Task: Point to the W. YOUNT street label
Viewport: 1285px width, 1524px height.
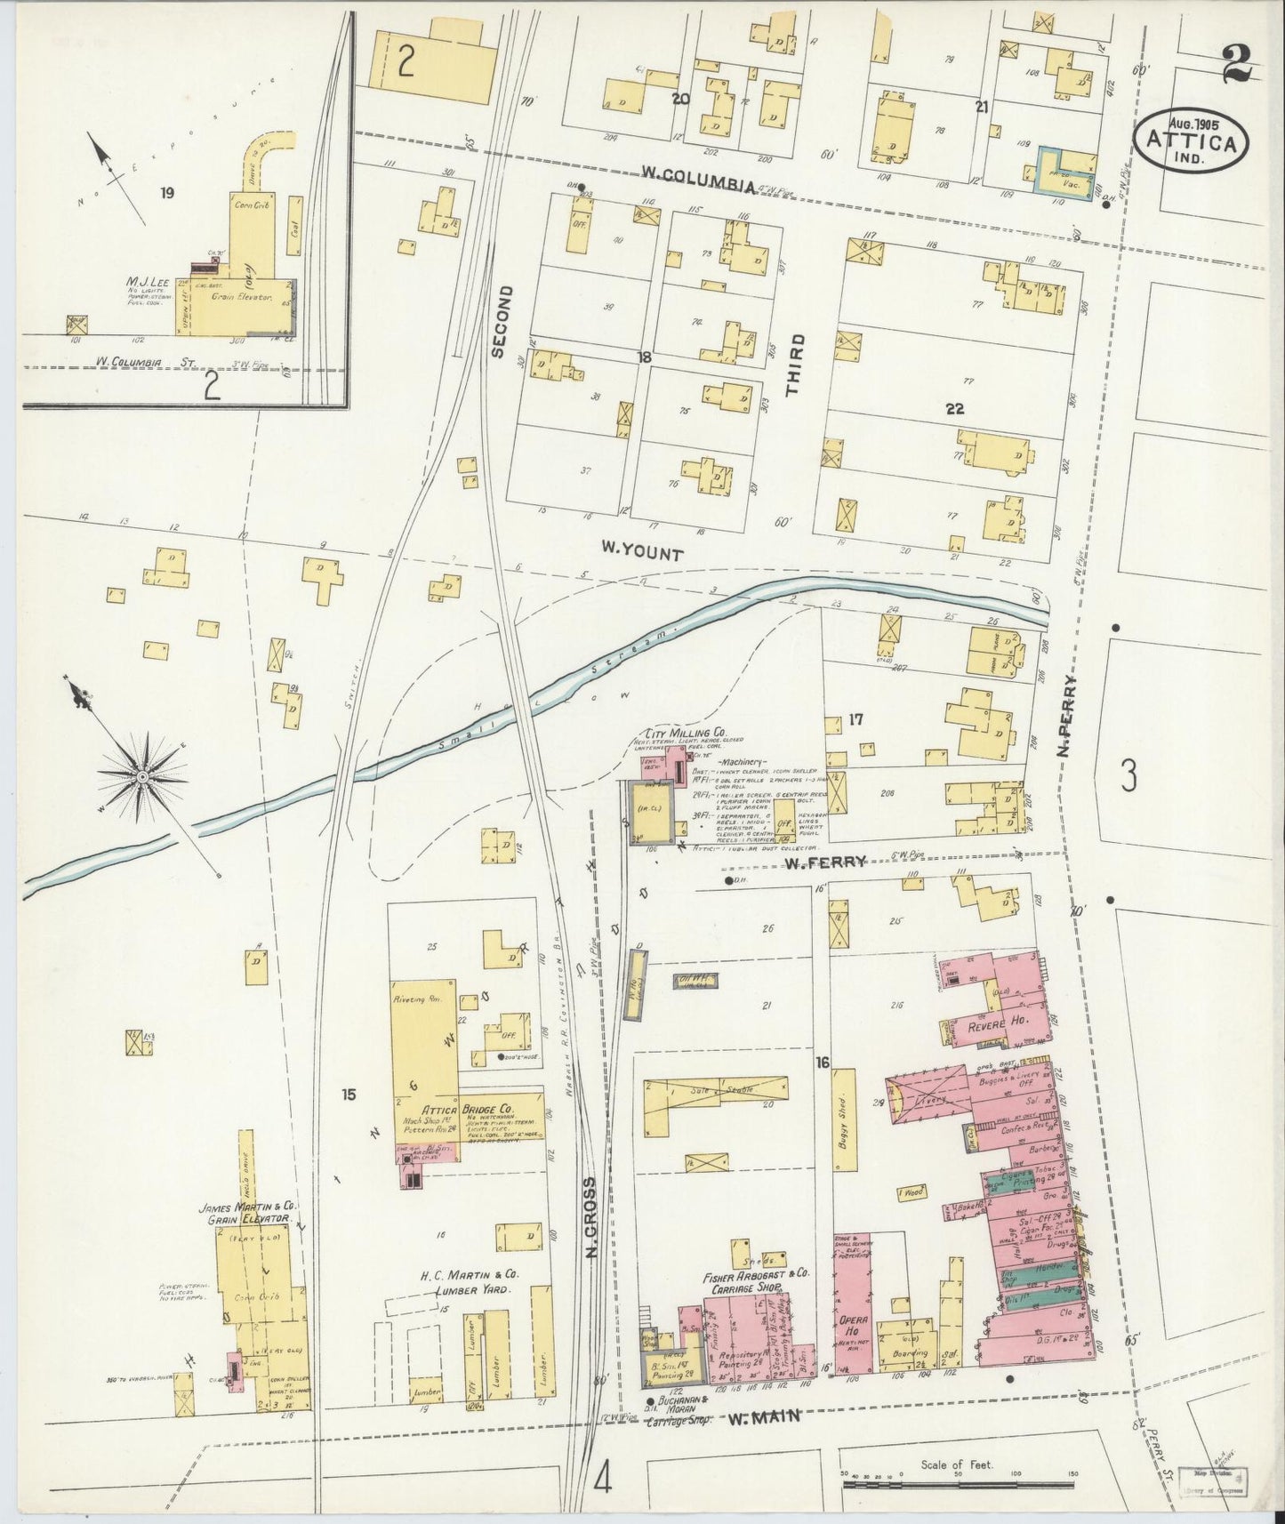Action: tap(642, 554)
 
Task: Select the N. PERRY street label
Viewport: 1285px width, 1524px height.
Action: tap(1067, 716)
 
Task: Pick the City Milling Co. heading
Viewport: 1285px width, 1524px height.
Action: tap(678, 736)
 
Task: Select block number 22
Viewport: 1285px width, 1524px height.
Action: tap(955, 409)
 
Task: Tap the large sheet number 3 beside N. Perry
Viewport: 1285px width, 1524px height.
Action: tap(1128, 777)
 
